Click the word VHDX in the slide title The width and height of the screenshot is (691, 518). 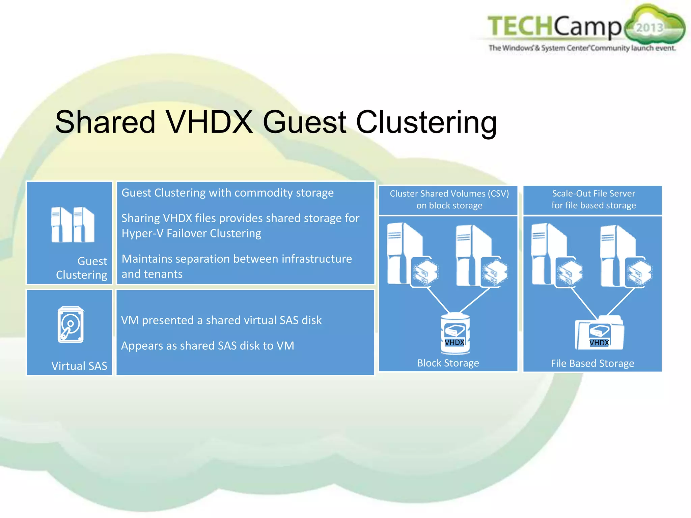(209, 122)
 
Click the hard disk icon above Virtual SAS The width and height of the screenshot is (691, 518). (71, 324)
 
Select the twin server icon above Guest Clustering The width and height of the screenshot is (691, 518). (73, 225)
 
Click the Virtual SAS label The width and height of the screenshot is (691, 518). (79, 366)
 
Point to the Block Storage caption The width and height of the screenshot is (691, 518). (448, 363)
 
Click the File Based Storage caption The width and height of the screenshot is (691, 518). (592, 363)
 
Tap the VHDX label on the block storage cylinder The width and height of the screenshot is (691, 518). (454, 343)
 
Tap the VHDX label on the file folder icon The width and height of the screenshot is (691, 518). (599, 343)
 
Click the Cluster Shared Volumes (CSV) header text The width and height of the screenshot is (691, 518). (449, 194)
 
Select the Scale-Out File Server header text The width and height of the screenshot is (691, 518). (593, 194)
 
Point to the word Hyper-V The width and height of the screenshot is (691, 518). (142, 233)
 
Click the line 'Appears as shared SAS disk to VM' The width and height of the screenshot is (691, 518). (208, 346)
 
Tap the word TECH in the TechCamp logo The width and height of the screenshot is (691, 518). (520, 26)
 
